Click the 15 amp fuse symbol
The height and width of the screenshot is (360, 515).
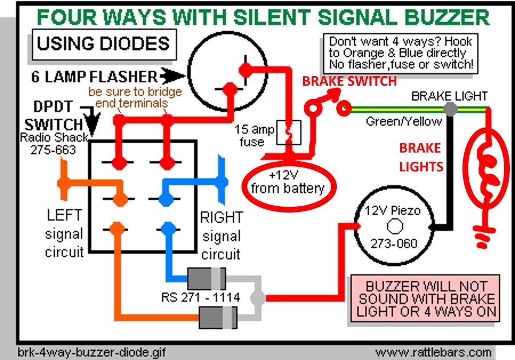pos(285,133)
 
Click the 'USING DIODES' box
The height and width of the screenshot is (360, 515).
pos(103,43)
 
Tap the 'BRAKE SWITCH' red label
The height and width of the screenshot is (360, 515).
pos(349,81)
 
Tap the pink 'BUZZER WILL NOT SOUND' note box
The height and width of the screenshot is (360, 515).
pos(423,299)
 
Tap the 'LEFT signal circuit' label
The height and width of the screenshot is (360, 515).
pos(64,233)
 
